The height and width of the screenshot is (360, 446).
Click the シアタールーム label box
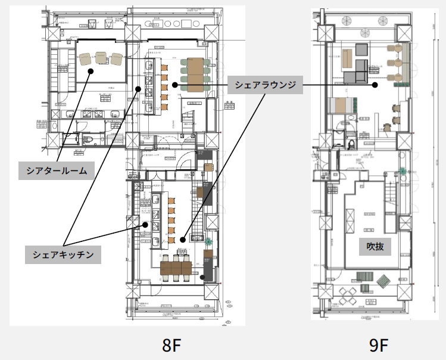tap(57, 171)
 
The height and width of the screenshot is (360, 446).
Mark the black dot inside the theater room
tap(91, 71)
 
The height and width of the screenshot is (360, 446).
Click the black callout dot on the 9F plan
tap(375, 85)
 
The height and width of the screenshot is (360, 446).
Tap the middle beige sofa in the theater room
tap(101, 58)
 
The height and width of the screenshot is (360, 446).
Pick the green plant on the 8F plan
tap(208, 243)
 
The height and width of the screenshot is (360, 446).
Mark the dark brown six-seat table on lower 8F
tap(176, 267)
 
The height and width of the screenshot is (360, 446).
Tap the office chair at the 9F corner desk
tap(387, 126)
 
